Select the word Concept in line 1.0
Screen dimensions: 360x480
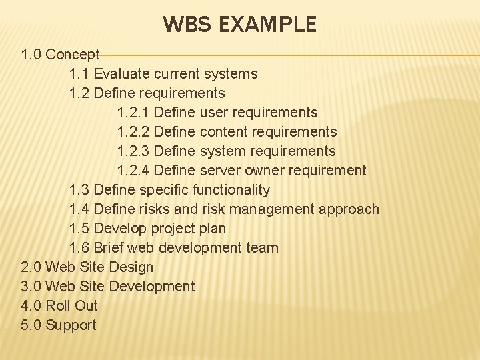click(73, 54)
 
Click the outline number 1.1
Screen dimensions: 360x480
click(79, 73)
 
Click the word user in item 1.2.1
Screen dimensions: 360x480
click(215, 112)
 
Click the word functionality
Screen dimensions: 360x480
click(231, 189)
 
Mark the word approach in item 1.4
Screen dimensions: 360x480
click(349, 209)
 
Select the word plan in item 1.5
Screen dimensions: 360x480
click(213, 228)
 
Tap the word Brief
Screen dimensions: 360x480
click(109, 247)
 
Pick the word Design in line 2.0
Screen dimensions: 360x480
click(131, 267)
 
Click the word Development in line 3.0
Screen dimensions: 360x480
click(151, 286)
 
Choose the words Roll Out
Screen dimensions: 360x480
click(71, 305)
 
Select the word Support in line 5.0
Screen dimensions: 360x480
click(71, 325)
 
